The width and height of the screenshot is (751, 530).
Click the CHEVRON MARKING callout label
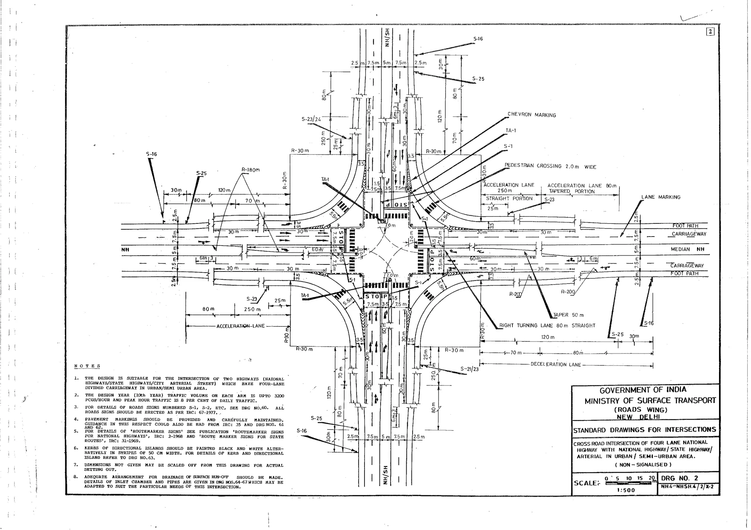[532, 115]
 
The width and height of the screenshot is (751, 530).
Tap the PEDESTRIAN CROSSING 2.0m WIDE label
[550, 166]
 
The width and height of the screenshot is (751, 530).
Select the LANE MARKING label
[660, 197]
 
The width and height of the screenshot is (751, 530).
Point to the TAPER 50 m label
[568, 315]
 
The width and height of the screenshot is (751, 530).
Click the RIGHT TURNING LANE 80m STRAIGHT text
[547, 326]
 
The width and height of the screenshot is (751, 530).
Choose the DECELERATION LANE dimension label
[556, 365]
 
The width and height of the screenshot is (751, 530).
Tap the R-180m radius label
[250, 170]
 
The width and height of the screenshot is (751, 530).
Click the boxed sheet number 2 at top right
[710, 32]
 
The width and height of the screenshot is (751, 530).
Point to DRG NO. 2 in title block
[679, 479]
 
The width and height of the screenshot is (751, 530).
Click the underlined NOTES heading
[87, 366]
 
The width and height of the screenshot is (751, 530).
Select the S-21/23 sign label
[470, 369]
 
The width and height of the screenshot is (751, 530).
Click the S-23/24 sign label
[311, 119]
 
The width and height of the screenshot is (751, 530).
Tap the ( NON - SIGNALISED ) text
[643, 465]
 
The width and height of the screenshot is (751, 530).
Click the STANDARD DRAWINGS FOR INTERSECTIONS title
[644, 430]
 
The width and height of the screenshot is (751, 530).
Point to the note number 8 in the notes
[76, 477]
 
